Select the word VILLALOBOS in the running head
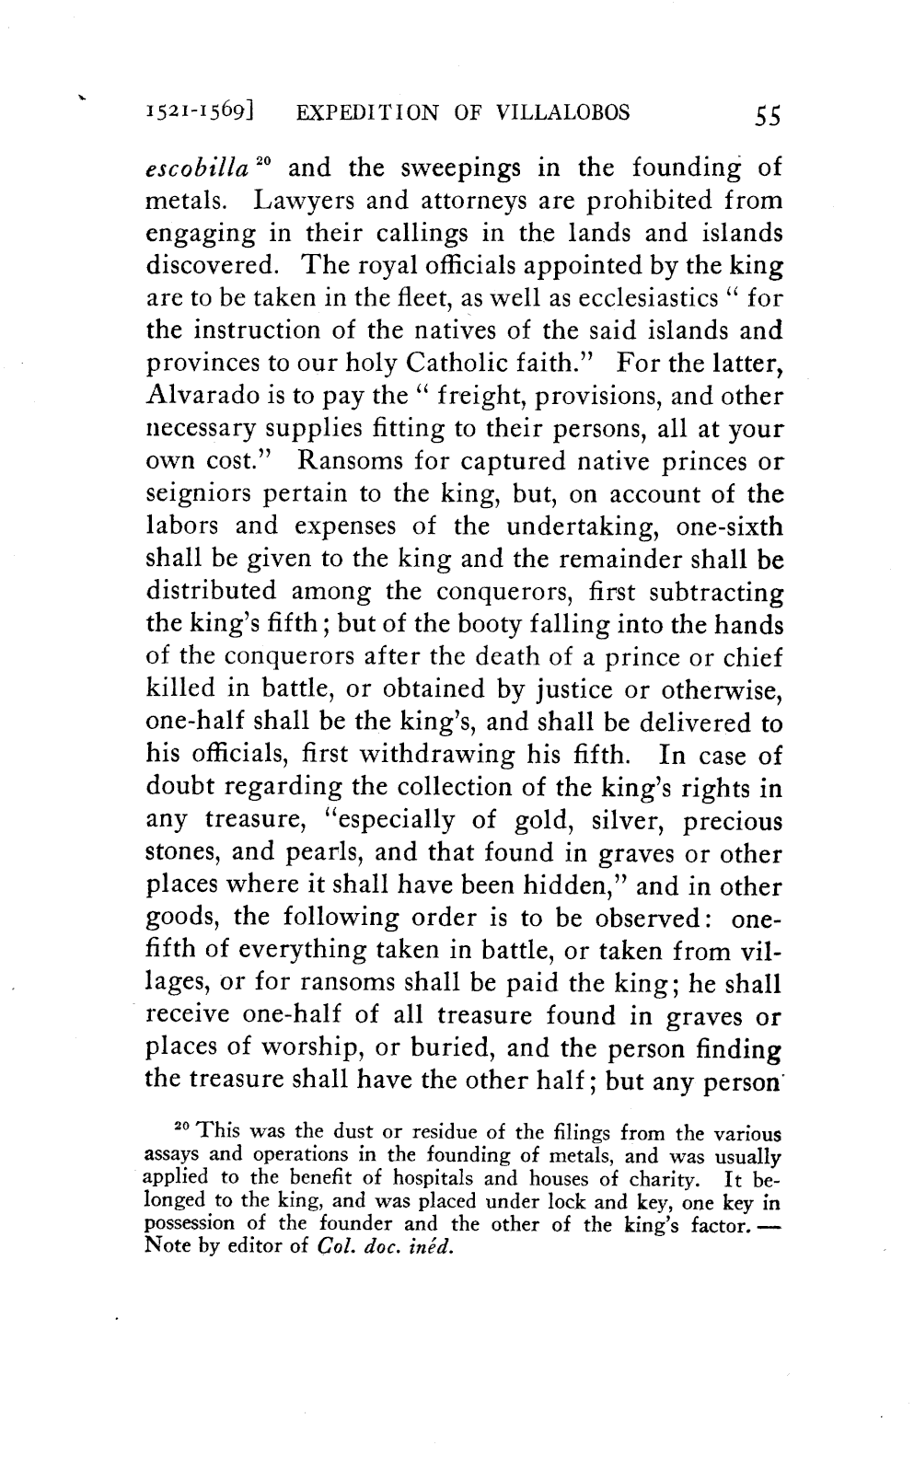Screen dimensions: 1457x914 point(562,113)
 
